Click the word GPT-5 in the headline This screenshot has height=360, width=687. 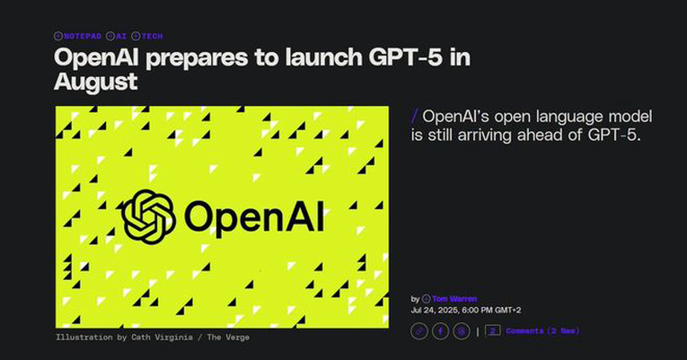click(x=405, y=57)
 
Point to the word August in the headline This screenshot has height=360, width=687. click(x=96, y=82)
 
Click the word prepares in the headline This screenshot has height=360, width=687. click(x=197, y=58)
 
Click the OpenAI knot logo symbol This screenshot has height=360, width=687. click(x=148, y=216)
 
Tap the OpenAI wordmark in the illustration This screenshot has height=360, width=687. click(x=254, y=215)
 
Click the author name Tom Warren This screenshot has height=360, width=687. click(x=454, y=299)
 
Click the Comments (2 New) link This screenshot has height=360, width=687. click(x=542, y=330)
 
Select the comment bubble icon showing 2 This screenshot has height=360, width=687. click(x=493, y=330)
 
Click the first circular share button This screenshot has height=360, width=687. click(x=419, y=331)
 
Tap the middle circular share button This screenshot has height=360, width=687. click(x=440, y=331)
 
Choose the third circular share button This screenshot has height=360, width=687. click(x=462, y=331)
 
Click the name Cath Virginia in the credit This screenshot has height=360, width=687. click(x=162, y=338)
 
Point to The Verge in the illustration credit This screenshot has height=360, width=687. click(x=228, y=338)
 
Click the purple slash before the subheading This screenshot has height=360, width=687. click(x=415, y=117)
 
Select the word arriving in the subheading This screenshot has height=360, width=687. click(x=486, y=136)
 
